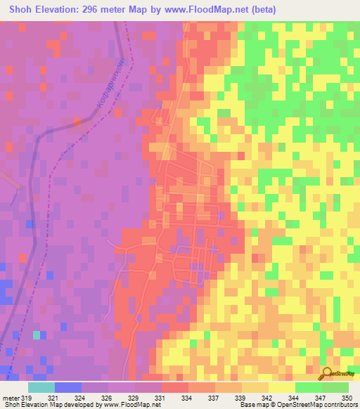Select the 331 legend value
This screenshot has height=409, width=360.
160,398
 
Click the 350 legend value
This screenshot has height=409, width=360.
347,398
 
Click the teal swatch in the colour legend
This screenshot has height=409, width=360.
41,387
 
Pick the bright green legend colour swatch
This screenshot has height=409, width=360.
308,387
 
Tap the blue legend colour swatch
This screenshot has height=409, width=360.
67,387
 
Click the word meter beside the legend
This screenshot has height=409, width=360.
10,398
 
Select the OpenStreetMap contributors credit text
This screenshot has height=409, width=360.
323,405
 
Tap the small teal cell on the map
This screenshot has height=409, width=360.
37,335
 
